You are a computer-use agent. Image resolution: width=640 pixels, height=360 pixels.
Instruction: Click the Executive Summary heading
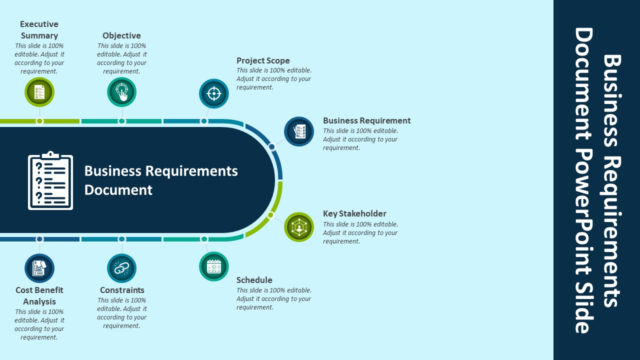click(39, 30)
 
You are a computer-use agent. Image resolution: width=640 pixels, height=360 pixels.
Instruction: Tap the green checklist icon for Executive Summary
click(39, 92)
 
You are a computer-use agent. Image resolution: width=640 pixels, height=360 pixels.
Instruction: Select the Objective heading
click(121, 35)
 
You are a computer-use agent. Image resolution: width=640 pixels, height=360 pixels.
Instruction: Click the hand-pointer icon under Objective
click(121, 92)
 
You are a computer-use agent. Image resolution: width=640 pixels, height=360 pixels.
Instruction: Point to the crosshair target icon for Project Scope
click(214, 93)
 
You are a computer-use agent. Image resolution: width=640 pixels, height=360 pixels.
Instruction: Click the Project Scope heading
click(263, 60)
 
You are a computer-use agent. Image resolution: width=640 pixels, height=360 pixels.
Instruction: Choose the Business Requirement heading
click(366, 120)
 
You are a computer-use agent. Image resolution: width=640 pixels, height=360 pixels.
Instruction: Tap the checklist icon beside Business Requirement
click(299, 131)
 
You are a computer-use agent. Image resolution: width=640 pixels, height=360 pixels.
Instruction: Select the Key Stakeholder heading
click(354, 213)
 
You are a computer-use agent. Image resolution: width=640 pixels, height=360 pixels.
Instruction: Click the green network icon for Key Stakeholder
click(299, 227)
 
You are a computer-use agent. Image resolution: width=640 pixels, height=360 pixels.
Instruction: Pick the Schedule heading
click(254, 280)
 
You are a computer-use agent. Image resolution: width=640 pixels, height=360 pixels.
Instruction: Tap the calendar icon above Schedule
click(214, 266)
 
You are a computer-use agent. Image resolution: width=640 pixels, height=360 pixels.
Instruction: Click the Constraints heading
click(122, 290)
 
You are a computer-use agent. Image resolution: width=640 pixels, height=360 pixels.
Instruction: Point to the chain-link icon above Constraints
click(121, 268)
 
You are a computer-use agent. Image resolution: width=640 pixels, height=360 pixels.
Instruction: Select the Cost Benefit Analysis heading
click(39, 295)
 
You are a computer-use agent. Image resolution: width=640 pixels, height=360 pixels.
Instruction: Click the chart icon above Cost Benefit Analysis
click(39, 268)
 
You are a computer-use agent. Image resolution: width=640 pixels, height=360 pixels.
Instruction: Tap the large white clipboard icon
click(50, 180)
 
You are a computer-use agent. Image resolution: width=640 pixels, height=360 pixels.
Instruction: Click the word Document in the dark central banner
click(118, 190)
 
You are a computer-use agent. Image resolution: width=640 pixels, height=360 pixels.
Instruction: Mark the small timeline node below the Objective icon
click(121, 121)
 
